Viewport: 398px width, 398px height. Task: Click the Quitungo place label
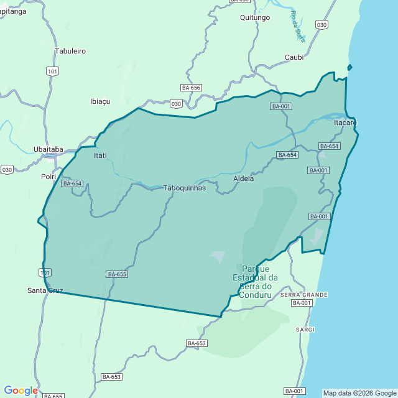click(255, 17)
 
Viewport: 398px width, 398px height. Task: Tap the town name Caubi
click(294, 57)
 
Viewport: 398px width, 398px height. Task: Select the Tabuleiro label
click(70, 51)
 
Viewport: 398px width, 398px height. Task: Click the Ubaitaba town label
click(48, 149)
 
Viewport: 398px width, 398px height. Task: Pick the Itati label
click(100, 155)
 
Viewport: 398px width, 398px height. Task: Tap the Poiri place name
click(49, 177)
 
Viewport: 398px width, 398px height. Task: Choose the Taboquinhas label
click(184, 188)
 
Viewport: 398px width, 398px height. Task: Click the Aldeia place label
click(243, 178)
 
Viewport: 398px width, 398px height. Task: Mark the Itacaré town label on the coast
click(346, 123)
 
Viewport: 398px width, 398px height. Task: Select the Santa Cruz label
click(45, 290)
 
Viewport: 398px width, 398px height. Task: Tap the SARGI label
click(305, 329)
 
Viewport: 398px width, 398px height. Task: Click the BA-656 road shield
click(191, 88)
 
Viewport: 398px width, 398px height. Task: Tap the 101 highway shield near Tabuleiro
click(53, 72)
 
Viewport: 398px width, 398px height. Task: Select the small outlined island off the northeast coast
click(349, 67)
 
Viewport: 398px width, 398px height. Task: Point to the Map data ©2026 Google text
click(359, 393)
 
